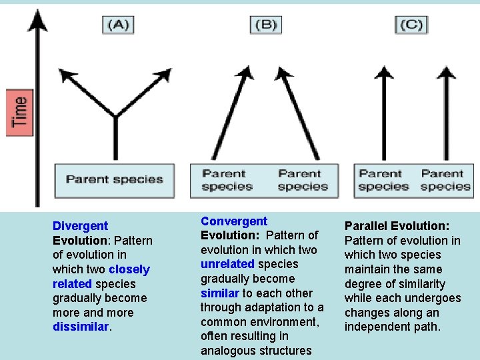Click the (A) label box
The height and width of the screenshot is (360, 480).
click(118, 25)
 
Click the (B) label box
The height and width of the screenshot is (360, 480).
click(265, 25)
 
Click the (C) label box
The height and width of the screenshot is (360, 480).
click(411, 25)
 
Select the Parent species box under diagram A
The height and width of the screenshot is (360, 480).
click(115, 179)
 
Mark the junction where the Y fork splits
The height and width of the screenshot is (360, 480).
click(115, 119)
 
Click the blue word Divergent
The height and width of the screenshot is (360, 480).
click(80, 226)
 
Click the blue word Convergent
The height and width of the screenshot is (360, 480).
click(234, 221)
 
